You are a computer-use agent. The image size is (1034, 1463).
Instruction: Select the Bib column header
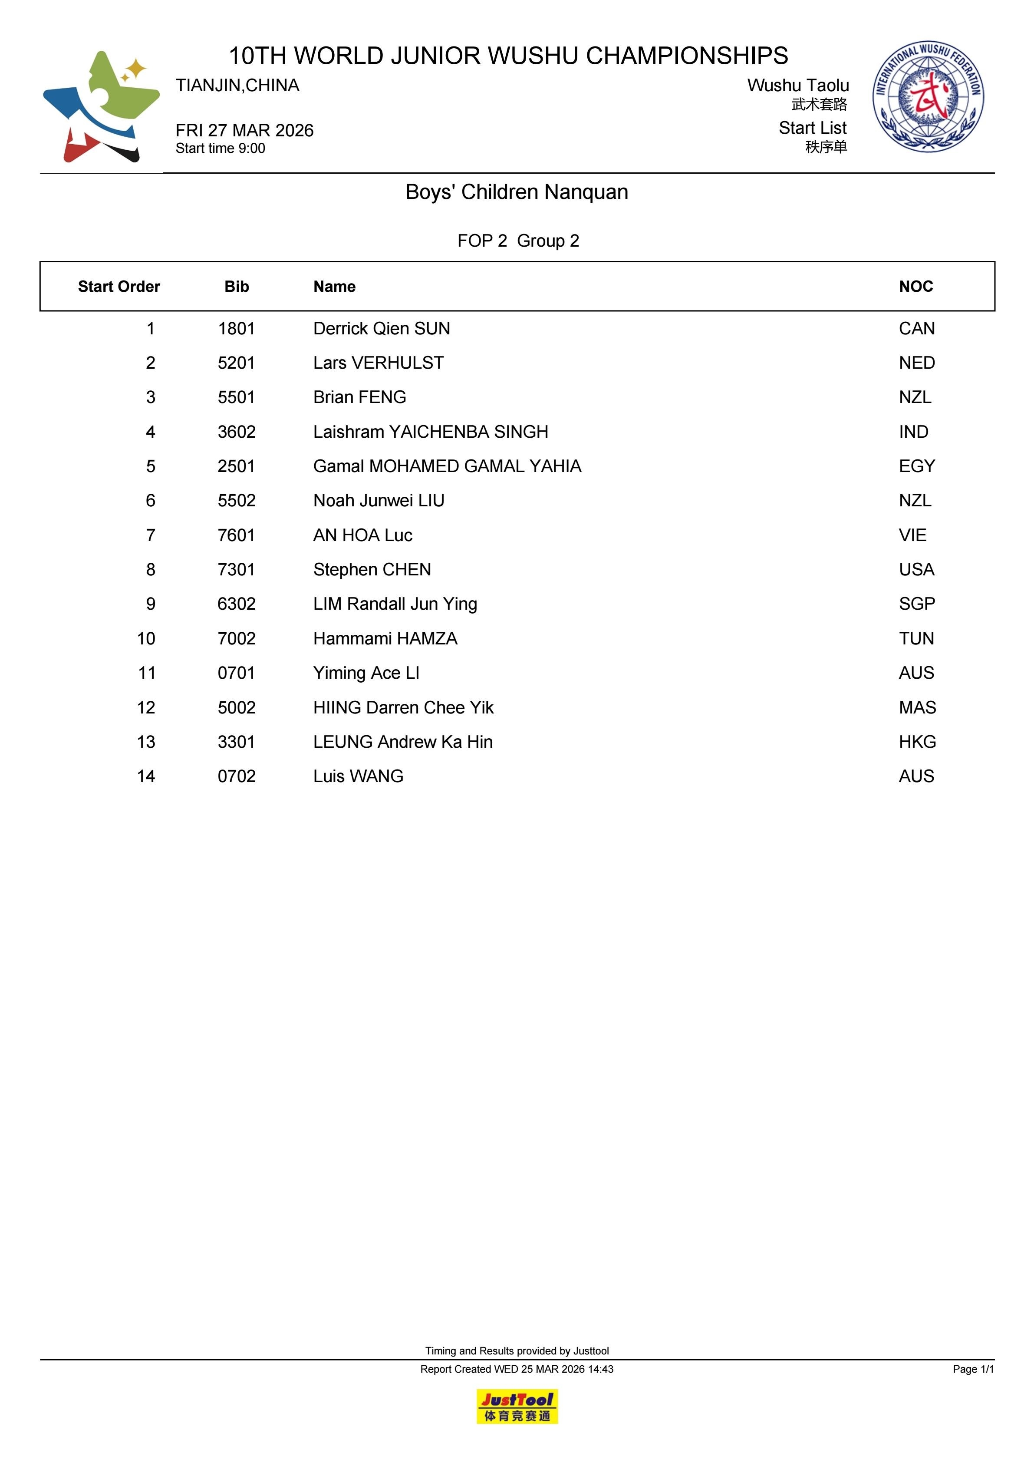(236, 287)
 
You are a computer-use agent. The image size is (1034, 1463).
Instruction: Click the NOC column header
(915, 287)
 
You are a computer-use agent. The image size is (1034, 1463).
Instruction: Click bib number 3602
(236, 432)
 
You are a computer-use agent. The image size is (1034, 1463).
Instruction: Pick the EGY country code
(916, 466)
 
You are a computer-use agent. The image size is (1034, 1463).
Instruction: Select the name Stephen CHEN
(372, 570)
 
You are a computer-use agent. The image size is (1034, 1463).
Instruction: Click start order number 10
(146, 638)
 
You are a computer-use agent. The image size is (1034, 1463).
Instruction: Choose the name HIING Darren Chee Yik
(403, 707)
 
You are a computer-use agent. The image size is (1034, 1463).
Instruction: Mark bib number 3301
(236, 742)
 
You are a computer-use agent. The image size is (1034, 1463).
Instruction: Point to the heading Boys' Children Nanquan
(517, 192)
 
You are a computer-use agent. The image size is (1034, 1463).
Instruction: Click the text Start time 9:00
(221, 149)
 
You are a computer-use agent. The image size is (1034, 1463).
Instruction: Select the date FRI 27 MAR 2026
(245, 131)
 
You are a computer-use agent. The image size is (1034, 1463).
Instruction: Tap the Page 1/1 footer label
(973, 1369)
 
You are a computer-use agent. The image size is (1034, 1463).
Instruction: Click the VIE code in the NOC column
(912, 535)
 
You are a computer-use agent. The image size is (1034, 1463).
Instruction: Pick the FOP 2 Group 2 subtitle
(518, 241)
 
